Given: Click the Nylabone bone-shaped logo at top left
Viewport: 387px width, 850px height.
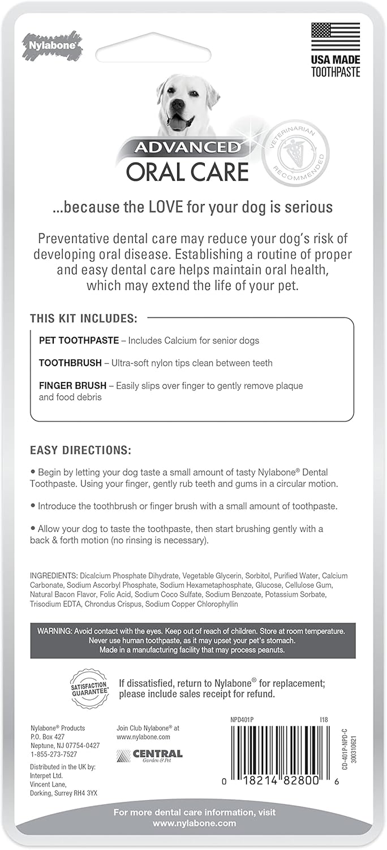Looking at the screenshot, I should pyautogui.click(x=51, y=45).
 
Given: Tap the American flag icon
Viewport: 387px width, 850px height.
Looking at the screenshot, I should pyautogui.click(x=335, y=37).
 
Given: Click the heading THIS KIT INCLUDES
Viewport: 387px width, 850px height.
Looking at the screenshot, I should pyautogui.click(x=84, y=319).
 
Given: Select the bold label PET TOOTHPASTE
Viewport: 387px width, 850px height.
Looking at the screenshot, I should pyautogui.click(x=79, y=341).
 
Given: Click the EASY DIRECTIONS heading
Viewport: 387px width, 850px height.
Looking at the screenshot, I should pyautogui.click(x=80, y=451).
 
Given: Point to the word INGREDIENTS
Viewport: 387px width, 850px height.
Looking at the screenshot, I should pyautogui.click(x=54, y=576).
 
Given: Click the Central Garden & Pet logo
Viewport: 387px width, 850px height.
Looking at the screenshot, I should pyautogui.click(x=149, y=755).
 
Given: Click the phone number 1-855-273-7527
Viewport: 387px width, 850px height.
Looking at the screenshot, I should pyautogui.click(x=53, y=755).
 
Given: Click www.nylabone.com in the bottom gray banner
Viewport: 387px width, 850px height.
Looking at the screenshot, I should pyautogui.click(x=193, y=823).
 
